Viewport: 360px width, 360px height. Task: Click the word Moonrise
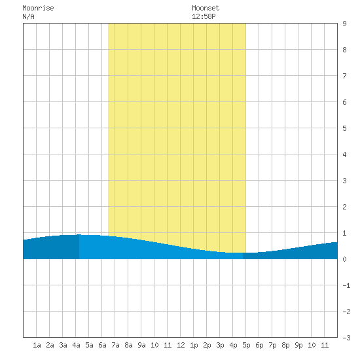[x=38, y=8]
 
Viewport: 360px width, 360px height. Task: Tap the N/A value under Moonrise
[x=28, y=16]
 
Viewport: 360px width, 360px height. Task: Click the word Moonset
[x=206, y=8]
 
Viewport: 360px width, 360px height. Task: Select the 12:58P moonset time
[x=204, y=16]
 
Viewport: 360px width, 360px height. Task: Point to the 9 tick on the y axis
[x=344, y=24]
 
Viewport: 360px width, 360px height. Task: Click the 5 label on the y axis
[x=344, y=128]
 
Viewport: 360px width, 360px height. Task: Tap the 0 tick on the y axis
[x=344, y=259]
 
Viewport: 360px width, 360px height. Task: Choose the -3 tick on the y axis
[x=346, y=338]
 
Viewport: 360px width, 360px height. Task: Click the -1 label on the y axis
[x=346, y=285]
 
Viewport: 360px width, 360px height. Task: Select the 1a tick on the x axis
[x=37, y=345]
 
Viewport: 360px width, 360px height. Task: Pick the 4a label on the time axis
[x=76, y=345]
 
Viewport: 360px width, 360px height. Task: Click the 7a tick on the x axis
[x=115, y=345]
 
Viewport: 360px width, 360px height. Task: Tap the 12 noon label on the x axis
[x=181, y=345]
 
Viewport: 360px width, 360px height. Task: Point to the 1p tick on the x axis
[x=194, y=345]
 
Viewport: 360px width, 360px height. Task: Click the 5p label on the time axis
[x=246, y=345]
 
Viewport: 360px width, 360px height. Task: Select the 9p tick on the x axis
[x=298, y=345]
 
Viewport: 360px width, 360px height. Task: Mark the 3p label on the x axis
[x=220, y=345]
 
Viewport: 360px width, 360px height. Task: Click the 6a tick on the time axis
[x=102, y=345]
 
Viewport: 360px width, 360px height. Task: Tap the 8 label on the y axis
[x=344, y=50]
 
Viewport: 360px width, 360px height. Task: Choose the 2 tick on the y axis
[x=344, y=207]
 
